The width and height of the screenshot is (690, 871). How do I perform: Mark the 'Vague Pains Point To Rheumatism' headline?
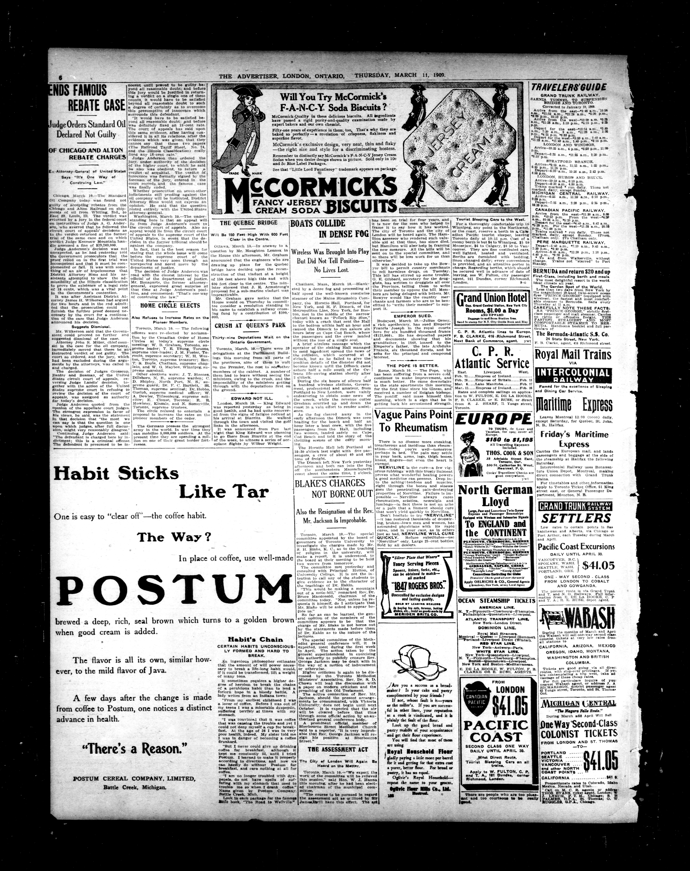(413, 421)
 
